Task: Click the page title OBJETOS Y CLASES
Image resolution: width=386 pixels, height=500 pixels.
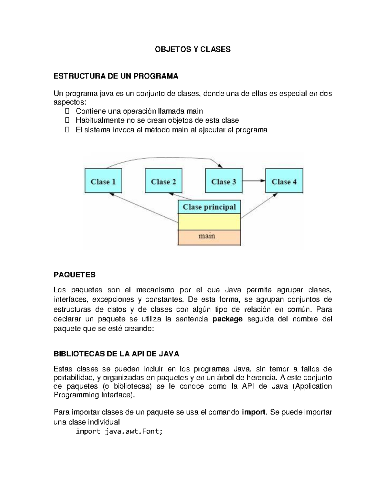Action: tap(193, 49)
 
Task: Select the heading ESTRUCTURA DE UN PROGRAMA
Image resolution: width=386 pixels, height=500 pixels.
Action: tap(115, 76)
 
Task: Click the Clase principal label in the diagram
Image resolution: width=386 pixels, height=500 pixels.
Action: tap(209, 207)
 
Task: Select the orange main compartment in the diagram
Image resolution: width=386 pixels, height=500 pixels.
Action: tap(209, 237)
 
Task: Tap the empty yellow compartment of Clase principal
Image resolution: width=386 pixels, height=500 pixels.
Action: tap(209, 222)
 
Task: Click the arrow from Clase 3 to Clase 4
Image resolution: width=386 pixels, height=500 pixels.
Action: tap(253, 181)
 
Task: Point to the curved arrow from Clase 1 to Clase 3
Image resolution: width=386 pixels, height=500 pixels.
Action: tap(164, 158)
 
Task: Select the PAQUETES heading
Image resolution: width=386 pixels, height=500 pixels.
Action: tap(74, 275)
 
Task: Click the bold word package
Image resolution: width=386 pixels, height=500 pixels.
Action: tap(228, 319)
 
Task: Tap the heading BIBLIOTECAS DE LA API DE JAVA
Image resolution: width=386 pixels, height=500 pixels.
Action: tap(116, 354)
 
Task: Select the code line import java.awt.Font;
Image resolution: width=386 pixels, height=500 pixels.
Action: tap(119, 431)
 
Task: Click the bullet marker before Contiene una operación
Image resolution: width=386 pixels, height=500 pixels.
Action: tap(67, 111)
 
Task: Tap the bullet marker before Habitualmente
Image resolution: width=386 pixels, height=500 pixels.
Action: tap(67, 120)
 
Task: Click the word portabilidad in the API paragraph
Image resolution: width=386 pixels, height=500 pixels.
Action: tap(73, 377)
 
